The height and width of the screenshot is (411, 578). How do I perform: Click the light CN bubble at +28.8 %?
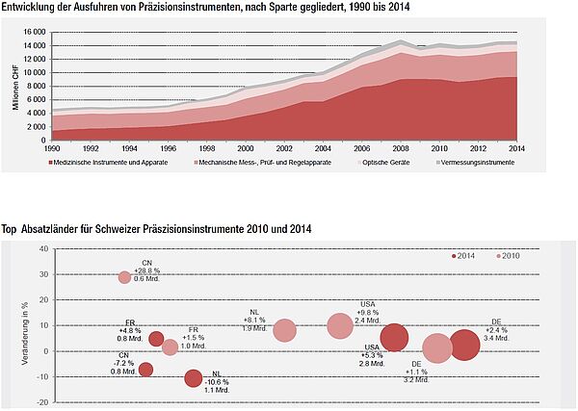pyautogui.click(x=125, y=277)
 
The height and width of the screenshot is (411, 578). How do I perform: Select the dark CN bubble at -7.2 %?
pyautogui.click(x=145, y=370)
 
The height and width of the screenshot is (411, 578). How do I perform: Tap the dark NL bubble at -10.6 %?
pyautogui.click(x=194, y=378)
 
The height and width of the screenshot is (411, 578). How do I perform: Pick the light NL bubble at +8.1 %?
pyautogui.click(x=285, y=330)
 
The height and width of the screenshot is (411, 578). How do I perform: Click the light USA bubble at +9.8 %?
pyautogui.click(x=340, y=326)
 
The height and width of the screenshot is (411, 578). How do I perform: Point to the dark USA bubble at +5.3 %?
pyautogui.click(x=395, y=338)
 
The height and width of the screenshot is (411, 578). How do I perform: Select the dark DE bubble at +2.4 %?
pyautogui.click(x=465, y=346)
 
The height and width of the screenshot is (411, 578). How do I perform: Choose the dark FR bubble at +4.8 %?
pyautogui.click(x=156, y=338)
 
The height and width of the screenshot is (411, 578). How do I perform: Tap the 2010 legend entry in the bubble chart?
pyautogui.click(x=507, y=256)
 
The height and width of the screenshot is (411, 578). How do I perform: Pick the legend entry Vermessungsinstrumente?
pyautogui.click(x=433, y=163)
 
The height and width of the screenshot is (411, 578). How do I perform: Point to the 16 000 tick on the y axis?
pyautogui.click(x=33, y=31)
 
